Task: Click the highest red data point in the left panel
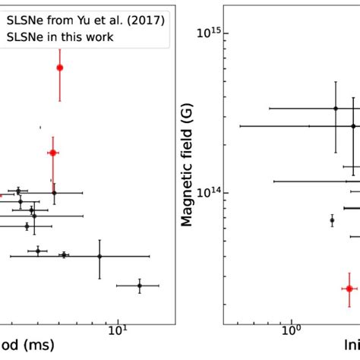[x=60, y=68]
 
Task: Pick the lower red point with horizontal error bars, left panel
[x=52, y=153]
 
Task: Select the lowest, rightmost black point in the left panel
[x=139, y=286]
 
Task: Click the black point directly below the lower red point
[x=53, y=193]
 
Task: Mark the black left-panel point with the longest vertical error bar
[x=99, y=256]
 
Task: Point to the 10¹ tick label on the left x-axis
[x=118, y=331]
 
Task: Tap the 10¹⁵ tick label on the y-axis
[x=210, y=33]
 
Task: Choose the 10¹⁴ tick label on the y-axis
[x=210, y=193]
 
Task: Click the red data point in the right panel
[x=349, y=288]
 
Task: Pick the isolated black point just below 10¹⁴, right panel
[x=332, y=220]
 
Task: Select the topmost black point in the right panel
[x=336, y=109]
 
